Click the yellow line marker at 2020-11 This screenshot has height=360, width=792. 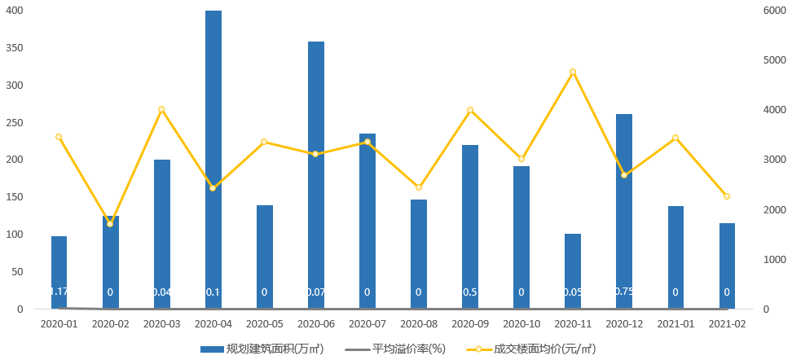click(x=573, y=72)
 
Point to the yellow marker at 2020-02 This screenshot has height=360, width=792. click(x=111, y=224)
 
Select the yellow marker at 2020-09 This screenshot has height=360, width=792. click(x=470, y=110)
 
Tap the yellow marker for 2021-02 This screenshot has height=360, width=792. click(x=727, y=196)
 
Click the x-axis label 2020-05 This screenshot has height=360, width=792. click(x=265, y=323)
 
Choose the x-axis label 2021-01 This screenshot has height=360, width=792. click(x=675, y=323)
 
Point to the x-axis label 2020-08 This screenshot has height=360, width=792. click(x=419, y=323)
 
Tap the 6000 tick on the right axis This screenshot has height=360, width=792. click(x=772, y=11)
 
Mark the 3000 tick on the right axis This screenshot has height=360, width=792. click(x=772, y=160)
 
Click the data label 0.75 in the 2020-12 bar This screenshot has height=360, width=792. click(x=624, y=292)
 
